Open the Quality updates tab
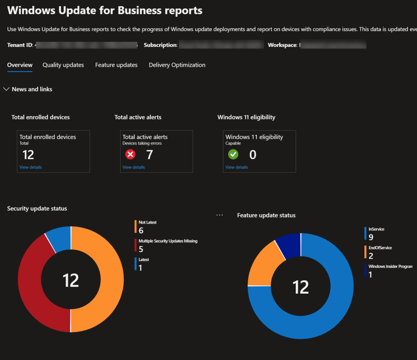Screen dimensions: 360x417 (63, 65)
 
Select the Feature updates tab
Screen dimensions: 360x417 (116, 65)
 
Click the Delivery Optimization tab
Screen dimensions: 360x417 (177, 65)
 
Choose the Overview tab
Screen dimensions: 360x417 (20, 65)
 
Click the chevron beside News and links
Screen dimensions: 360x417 (7, 89)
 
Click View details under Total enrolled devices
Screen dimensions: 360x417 (31, 167)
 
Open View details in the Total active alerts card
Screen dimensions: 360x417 (134, 167)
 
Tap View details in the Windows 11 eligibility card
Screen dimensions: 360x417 (237, 167)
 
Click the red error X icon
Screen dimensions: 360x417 (130, 155)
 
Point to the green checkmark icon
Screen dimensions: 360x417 (233, 155)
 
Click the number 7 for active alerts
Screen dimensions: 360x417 (149, 155)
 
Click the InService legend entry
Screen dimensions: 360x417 (376, 229)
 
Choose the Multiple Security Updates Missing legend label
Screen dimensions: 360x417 (168, 241)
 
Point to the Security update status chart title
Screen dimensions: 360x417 (37, 209)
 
